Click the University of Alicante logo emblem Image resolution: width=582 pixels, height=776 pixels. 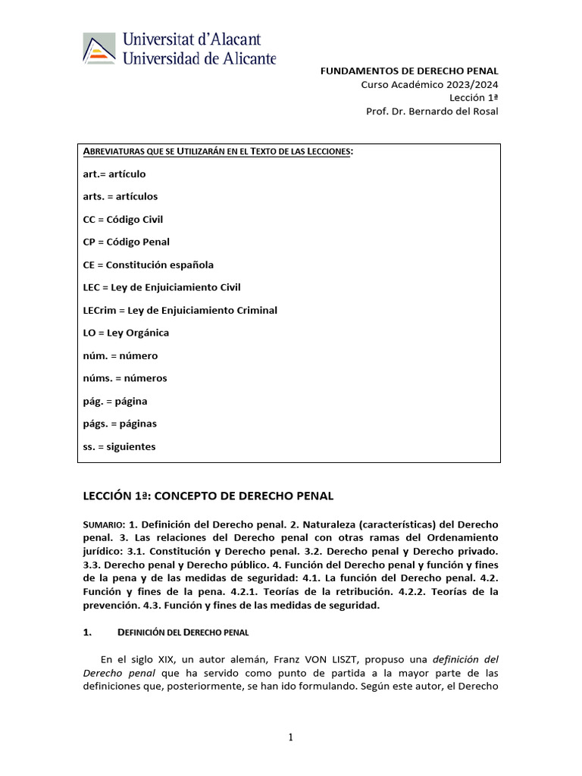click(x=99, y=49)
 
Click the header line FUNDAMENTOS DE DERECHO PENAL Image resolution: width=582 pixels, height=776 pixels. click(x=409, y=70)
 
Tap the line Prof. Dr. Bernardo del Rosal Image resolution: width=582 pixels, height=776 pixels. click(x=432, y=111)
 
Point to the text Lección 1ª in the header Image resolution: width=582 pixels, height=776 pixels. click(x=474, y=98)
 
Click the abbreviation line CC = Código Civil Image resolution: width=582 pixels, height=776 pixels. click(x=123, y=219)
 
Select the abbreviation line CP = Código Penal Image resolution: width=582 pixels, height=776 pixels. click(x=126, y=242)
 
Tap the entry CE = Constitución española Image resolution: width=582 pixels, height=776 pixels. click(x=148, y=264)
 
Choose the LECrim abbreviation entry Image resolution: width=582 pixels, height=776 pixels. click(x=180, y=310)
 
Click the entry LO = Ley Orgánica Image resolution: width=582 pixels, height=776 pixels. click(x=126, y=333)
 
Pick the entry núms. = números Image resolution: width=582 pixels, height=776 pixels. click(x=125, y=378)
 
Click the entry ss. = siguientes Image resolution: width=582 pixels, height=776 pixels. click(x=119, y=446)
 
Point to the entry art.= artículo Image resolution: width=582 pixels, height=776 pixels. click(x=114, y=174)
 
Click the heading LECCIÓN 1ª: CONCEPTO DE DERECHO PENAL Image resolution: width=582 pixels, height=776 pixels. click(x=208, y=496)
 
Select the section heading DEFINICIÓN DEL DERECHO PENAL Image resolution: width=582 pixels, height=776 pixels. click(x=183, y=631)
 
